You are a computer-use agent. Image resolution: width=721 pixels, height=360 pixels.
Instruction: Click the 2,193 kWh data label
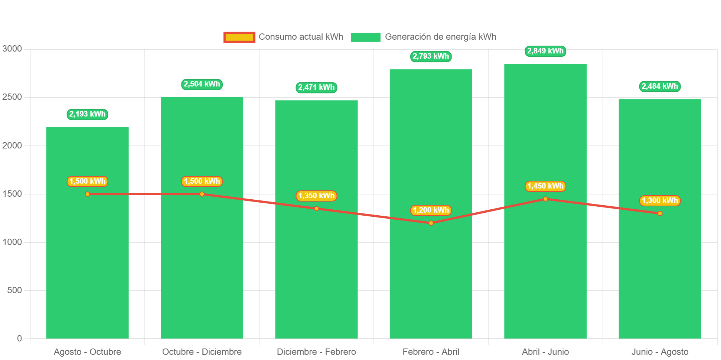(87, 114)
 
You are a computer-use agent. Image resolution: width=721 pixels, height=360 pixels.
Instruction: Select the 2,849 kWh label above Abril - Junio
(545, 51)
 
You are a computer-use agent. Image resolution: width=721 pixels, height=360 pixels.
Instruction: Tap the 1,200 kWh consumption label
(431, 210)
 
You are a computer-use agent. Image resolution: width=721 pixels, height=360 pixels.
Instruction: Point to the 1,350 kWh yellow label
(316, 196)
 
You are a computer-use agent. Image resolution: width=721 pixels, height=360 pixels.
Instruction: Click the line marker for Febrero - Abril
(431, 223)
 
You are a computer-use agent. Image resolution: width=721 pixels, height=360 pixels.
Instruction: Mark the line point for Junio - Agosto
(660, 213)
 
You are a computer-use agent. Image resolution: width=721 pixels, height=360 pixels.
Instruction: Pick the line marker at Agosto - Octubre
(87, 194)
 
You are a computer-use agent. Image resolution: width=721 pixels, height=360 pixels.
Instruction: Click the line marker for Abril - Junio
(545, 199)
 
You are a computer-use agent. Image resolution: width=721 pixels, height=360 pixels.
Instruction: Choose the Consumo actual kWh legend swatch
(239, 37)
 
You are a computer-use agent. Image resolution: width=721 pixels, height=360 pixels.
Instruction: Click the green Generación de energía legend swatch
(365, 37)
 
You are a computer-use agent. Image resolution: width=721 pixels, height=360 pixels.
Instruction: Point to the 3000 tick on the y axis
(12, 49)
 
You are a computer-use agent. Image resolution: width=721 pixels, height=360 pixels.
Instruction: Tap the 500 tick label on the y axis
(14, 290)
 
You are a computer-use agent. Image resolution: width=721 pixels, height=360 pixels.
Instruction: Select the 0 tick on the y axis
(19, 338)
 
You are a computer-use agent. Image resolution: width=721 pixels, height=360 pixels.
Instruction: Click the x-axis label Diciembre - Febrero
(316, 352)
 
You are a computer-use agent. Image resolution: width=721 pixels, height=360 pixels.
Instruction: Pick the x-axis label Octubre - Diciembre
(202, 352)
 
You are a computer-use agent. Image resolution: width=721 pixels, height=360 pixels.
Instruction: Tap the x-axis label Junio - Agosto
(660, 352)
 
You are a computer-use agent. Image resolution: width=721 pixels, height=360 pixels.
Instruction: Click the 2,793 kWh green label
(431, 56)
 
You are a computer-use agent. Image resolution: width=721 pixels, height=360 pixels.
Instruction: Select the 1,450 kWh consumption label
(545, 186)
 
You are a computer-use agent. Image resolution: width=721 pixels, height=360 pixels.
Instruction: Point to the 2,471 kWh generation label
(316, 87)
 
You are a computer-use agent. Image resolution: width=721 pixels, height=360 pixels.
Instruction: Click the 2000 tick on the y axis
(12, 145)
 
